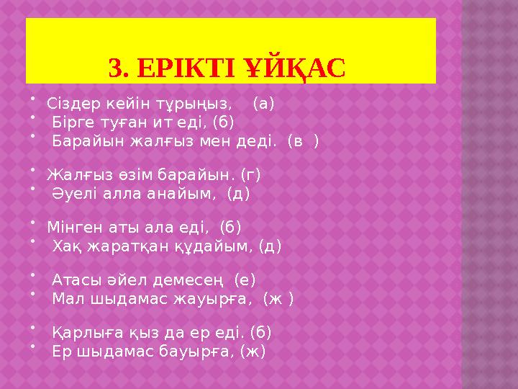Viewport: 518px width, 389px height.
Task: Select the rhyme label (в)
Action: pyautogui.click(x=303, y=141)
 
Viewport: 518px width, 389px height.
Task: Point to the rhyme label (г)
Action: pyautogui.click(x=251, y=174)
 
